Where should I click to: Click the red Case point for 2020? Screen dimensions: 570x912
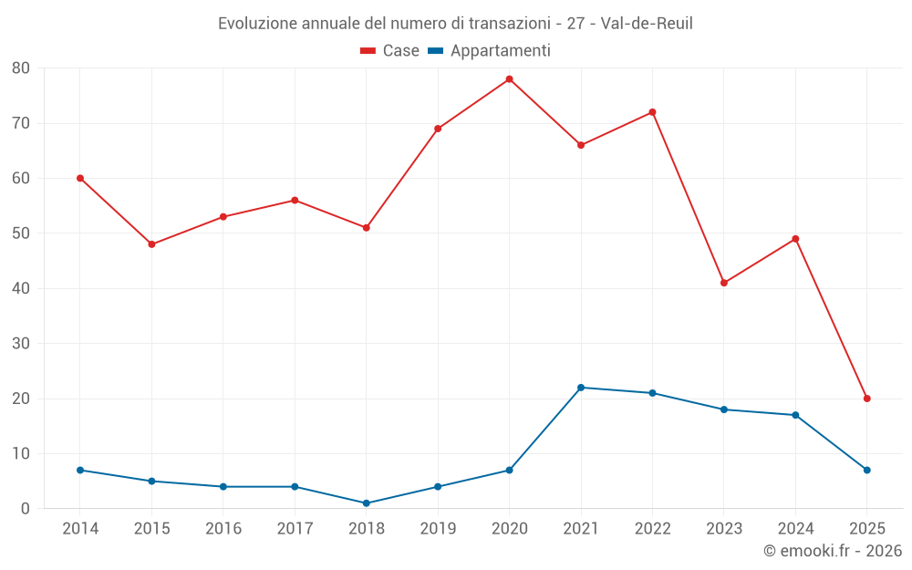pos(509,79)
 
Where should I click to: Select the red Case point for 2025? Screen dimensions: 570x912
pos(866,399)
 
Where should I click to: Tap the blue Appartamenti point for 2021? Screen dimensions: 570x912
pos(581,388)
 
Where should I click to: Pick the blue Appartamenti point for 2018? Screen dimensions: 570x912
pos(366,503)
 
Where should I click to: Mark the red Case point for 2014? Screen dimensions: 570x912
pos(80,178)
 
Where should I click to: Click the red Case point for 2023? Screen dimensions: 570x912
pos(724,283)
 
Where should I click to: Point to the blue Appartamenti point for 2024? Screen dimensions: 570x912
pos(795,415)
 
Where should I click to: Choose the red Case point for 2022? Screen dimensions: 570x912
pos(652,112)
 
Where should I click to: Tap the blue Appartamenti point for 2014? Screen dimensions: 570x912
pos(80,470)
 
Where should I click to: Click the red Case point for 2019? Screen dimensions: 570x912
pos(438,129)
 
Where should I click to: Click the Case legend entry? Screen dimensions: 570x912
pos(389,51)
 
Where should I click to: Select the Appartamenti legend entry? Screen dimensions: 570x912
pos(489,51)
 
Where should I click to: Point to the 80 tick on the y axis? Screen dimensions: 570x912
pos(21,68)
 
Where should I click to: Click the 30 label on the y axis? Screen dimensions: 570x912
pos(21,344)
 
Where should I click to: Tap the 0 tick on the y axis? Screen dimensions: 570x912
pos(26,509)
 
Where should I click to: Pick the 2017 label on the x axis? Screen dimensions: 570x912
pos(295,529)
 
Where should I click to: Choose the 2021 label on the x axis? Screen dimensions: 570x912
pos(581,529)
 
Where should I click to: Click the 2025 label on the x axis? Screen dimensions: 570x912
pos(866,529)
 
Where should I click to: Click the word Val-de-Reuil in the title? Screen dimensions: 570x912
pos(647,24)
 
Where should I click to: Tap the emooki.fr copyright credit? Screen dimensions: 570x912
pos(833,551)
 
